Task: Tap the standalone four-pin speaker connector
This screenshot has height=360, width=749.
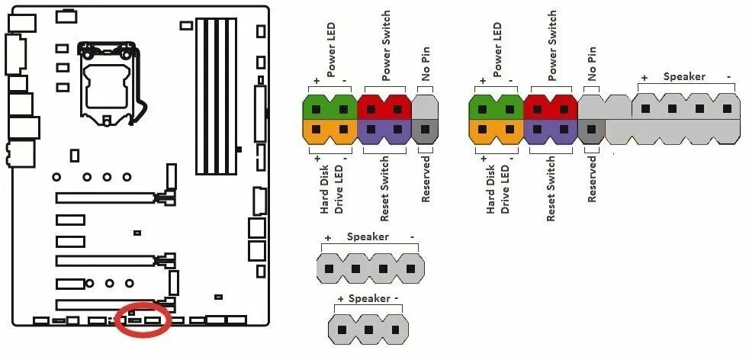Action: [x=370, y=268]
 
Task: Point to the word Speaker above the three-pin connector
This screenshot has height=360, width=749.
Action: [x=369, y=298]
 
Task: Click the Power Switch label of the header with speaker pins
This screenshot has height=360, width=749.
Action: [x=551, y=46]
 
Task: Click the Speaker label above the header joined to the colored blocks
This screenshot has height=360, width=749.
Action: [x=684, y=76]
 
